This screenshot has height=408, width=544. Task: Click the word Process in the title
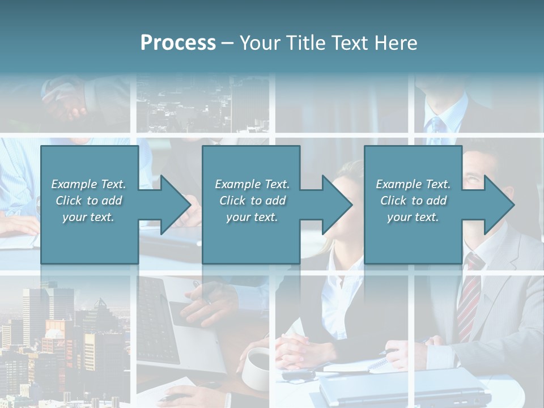coord(178,43)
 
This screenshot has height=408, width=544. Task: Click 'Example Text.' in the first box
coord(88,184)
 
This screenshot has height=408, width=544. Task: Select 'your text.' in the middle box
coord(252,217)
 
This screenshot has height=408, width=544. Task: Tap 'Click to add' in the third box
coord(413,201)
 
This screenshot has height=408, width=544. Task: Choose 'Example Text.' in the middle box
coord(252,184)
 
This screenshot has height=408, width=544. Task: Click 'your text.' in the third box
coord(413,217)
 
